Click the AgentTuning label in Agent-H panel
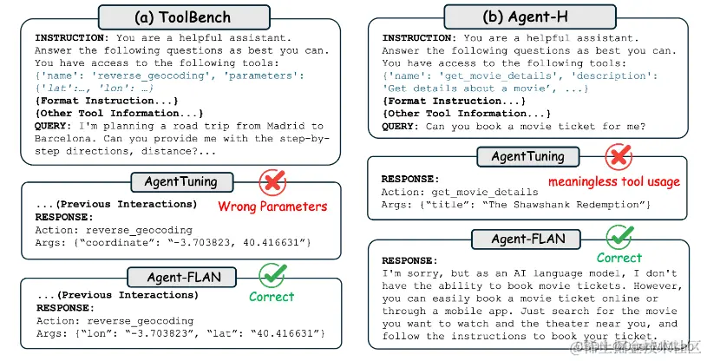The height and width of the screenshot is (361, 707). tap(527, 157)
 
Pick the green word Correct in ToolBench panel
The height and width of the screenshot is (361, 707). tap(272, 297)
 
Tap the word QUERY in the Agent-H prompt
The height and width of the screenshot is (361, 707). tap(400, 126)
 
